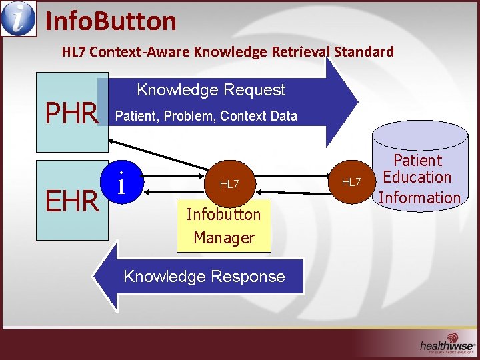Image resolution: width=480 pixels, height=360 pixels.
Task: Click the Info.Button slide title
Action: tap(110, 21)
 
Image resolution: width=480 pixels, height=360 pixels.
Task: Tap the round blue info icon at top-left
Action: tap(17, 19)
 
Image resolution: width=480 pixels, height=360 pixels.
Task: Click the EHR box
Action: tap(70, 199)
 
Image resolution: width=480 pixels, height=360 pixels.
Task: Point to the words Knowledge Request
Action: tap(211, 90)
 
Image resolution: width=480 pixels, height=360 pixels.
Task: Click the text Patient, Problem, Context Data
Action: tap(207, 116)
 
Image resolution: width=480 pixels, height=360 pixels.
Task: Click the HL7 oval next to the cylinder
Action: tap(351, 182)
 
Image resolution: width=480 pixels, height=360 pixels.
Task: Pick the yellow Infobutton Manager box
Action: tap(224, 225)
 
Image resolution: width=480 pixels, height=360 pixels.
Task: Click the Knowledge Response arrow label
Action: tap(204, 277)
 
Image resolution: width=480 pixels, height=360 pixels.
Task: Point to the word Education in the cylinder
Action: tap(417, 177)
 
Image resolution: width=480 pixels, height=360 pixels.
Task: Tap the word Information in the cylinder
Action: tap(419, 197)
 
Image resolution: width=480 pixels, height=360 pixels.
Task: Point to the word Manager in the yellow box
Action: tap(224, 237)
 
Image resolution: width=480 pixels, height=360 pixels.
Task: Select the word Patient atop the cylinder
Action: tap(417, 160)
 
